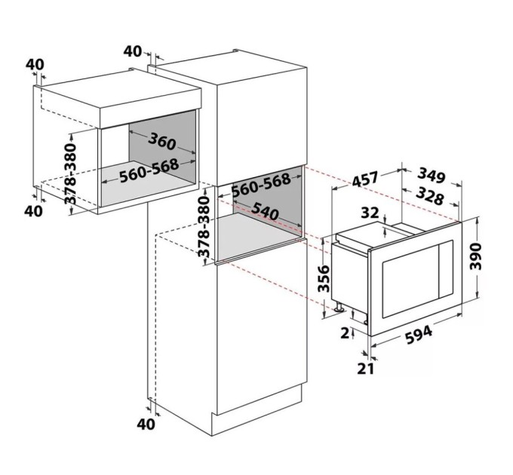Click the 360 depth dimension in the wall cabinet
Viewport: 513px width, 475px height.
coord(162,142)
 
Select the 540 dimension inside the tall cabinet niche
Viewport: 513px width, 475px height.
coord(265,211)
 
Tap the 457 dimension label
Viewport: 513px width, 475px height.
coord(365,179)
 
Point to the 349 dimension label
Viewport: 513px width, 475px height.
coord(432,176)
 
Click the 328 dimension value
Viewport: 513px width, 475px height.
coord(429,196)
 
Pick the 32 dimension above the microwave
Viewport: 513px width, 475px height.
coord(370,213)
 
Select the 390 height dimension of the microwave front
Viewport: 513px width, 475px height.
coord(476,256)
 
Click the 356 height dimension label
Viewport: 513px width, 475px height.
coord(324,278)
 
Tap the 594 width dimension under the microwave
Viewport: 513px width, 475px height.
coord(419,335)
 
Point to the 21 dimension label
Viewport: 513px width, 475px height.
coord(365,369)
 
